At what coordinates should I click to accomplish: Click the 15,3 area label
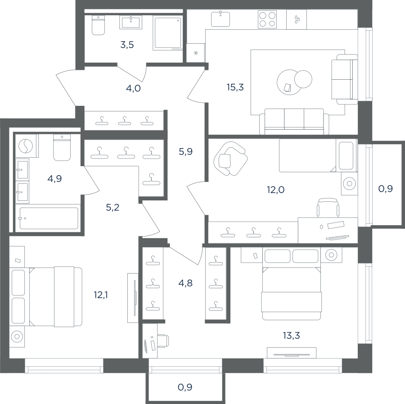point(235,87)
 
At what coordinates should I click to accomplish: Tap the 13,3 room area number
point(291,336)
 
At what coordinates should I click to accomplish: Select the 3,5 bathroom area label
point(127,45)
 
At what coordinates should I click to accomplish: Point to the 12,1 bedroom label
point(101,295)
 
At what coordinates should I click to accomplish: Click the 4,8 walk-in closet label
point(185,283)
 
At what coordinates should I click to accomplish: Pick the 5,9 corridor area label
point(186,151)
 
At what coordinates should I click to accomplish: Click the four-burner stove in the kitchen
point(267,19)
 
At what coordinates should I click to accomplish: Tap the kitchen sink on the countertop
point(220,19)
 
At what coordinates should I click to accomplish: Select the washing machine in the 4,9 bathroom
point(26,146)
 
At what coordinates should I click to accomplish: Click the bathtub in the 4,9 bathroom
point(49,218)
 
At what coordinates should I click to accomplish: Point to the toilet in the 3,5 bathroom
point(99,25)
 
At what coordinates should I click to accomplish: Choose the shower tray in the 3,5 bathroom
point(168,33)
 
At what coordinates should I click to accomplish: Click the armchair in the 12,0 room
point(230,159)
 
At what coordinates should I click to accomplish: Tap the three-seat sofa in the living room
point(294,122)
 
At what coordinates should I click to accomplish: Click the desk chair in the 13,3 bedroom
point(163,340)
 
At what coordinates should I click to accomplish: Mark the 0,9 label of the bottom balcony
point(185,387)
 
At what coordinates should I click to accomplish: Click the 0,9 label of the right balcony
point(385,189)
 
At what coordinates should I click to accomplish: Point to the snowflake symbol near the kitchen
point(196,53)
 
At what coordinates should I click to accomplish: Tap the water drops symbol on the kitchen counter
point(297,19)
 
